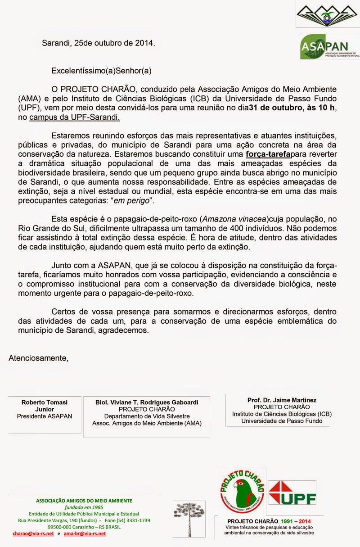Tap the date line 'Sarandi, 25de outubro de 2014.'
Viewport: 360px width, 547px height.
[98, 43]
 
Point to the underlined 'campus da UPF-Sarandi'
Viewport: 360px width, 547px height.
[75, 118]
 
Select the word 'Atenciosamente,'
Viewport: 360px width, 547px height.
[39, 358]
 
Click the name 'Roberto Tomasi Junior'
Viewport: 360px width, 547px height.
[44, 405]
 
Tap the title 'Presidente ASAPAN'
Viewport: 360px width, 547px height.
[44, 416]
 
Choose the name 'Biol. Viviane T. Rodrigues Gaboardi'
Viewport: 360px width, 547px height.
[147, 402]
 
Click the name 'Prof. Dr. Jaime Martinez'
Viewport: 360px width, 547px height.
[282, 400]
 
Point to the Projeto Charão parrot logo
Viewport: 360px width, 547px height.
[242, 491]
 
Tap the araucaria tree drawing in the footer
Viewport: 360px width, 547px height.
[189, 518]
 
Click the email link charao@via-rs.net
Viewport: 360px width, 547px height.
[33, 533]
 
